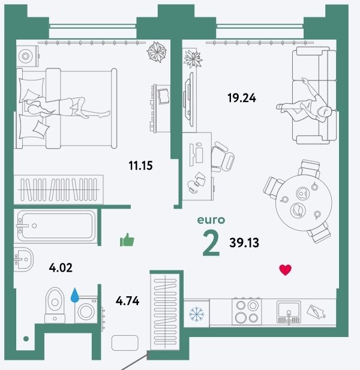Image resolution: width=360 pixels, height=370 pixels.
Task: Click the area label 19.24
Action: (242, 98)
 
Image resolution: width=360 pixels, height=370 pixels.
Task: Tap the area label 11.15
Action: (140, 166)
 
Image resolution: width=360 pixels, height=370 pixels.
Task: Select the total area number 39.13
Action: (244, 243)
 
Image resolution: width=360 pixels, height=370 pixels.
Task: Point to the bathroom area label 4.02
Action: (61, 268)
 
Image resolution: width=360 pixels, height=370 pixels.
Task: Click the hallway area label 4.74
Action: (127, 301)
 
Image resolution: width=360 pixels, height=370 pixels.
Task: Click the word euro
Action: (211, 220)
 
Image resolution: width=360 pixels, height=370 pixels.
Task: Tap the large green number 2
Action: (211, 243)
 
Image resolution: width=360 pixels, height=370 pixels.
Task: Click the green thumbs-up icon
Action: (127, 240)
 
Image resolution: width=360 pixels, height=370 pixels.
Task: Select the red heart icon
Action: (286, 270)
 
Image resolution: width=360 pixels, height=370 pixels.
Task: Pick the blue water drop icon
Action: (75, 295)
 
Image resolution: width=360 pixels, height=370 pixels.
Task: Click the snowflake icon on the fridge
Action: (196, 314)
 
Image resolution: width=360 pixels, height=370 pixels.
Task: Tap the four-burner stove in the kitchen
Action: (247, 311)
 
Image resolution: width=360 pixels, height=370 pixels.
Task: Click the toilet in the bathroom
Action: (55, 305)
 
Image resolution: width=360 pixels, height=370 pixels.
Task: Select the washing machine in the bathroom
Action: (86, 309)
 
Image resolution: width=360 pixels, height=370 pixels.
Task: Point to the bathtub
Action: (56, 226)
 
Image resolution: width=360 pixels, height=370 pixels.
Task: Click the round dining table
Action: (304, 203)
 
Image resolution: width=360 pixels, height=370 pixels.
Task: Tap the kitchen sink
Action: (289, 312)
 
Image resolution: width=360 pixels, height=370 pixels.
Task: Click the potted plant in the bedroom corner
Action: (157, 52)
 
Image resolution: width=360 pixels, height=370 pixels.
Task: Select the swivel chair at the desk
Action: (222, 157)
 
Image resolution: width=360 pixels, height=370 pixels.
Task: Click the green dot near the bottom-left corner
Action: (26, 339)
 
